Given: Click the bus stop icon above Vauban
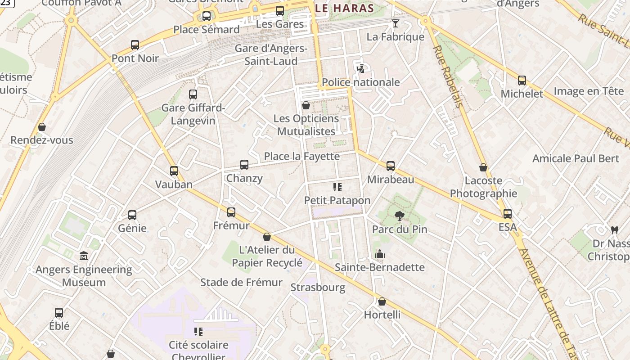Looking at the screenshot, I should [174, 171].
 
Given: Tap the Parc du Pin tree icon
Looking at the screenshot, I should [399, 216].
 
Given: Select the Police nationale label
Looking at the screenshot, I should [361, 82].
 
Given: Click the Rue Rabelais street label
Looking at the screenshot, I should [448, 76].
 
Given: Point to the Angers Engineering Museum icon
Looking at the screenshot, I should [84, 256].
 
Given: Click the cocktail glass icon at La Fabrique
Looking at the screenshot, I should [396, 23].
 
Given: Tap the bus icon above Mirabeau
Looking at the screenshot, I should [391, 166].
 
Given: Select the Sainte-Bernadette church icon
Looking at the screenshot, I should [380, 254].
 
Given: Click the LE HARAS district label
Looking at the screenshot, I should [345, 8].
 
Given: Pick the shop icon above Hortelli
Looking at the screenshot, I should [382, 301].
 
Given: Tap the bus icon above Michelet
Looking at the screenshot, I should [522, 81].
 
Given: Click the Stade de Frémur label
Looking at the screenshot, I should [241, 282].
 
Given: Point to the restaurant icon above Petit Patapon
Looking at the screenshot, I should [337, 187].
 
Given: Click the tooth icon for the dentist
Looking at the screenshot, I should [614, 230].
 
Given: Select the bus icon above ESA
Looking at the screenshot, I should [508, 214].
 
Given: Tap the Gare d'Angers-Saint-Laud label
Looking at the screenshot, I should [271, 55].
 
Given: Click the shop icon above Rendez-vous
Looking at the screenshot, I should [42, 127].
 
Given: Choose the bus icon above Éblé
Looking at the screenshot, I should [59, 313].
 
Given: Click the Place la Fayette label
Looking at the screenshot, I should [301, 156].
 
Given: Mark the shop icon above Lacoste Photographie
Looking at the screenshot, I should [483, 167].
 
